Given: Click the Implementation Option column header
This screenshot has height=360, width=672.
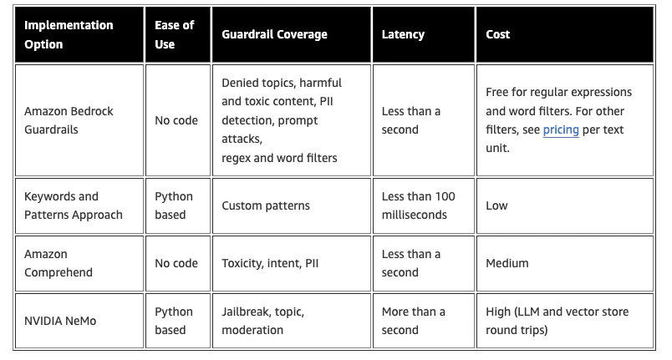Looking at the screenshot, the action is click(69, 35).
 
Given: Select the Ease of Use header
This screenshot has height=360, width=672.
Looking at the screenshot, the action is click(175, 35).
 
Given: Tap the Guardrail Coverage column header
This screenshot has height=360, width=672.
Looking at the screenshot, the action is click(274, 34).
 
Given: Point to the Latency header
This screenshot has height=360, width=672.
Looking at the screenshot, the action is click(403, 34).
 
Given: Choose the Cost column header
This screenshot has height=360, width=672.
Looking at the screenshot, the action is click(497, 34).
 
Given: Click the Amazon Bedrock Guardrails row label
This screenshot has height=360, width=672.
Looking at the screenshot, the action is click(69, 120).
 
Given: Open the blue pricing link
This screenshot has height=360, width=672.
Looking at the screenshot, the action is click(561, 129).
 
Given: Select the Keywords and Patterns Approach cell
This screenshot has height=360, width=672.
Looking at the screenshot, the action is click(74, 205).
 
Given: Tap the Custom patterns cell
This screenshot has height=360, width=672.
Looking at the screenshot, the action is click(266, 205).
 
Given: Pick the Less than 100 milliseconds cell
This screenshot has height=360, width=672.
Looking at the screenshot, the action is click(418, 205).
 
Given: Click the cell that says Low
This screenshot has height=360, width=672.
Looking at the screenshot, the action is click(496, 205).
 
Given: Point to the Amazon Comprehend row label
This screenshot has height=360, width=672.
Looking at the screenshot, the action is click(59, 263).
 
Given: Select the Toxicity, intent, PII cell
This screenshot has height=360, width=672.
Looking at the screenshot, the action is click(270, 263).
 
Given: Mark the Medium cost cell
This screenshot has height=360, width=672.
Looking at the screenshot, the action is click(507, 263).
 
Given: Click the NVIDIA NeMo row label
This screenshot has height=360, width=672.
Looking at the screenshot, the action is click(60, 321).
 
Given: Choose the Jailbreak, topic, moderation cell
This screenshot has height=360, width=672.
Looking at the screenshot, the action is click(262, 321).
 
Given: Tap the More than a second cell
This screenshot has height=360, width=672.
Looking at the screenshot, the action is click(413, 321).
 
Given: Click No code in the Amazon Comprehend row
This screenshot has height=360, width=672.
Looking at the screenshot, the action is click(176, 263).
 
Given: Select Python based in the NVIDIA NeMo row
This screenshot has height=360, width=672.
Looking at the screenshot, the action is click(174, 321).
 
